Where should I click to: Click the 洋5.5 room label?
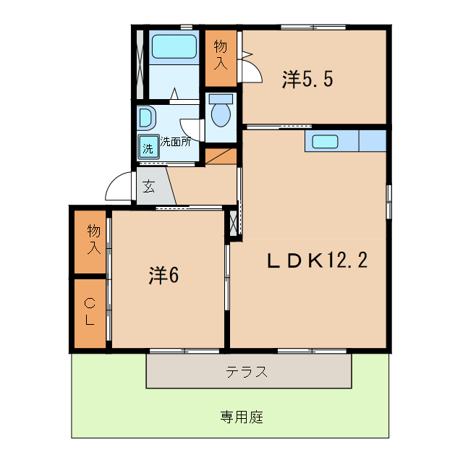[x=307, y=80]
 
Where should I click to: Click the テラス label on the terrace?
[x=247, y=373]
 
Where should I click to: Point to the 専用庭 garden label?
[x=242, y=417]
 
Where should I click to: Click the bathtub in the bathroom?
[x=174, y=47]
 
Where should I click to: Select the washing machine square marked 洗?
[x=148, y=149]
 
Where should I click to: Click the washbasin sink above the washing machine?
[x=145, y=117]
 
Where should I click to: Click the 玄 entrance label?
[x=148, y=186]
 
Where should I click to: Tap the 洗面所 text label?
[x=176, y=142]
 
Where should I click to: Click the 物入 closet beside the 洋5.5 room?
[x=221, y=56]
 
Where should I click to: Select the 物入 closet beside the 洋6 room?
[x=93, y=240]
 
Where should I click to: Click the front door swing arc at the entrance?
[x=118, y=190]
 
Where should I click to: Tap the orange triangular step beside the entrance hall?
[x=222, y=155]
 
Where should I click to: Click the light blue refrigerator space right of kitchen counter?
[x=373, y=140]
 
